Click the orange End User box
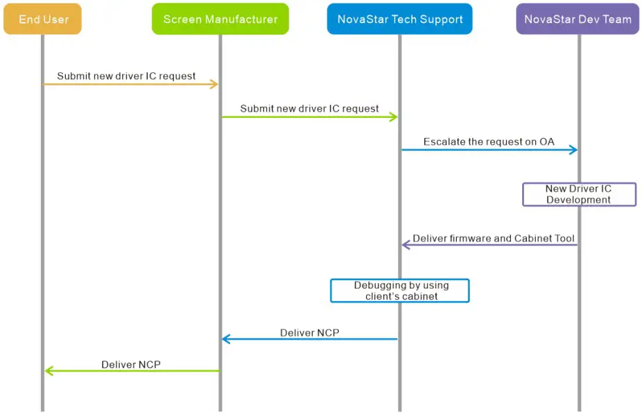coord(42,19)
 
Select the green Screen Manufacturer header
coord(220,19)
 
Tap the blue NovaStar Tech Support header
coord(399,19)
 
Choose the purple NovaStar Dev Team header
coord(578,19)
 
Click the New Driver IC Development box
coord(578,194)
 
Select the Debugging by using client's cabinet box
coord(400,291)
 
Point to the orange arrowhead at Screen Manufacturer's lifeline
coord(214,85)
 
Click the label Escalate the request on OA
coord(489,141)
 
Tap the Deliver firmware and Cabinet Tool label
coord(493,239)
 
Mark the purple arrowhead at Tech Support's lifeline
coord(406,245)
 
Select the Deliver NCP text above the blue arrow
coord(309,333)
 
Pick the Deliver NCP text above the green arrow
coord(131,365)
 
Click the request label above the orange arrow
coord(126,76)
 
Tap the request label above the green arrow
coord(309,109)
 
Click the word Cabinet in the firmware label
coord(532,239)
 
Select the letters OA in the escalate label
coord(547,141)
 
